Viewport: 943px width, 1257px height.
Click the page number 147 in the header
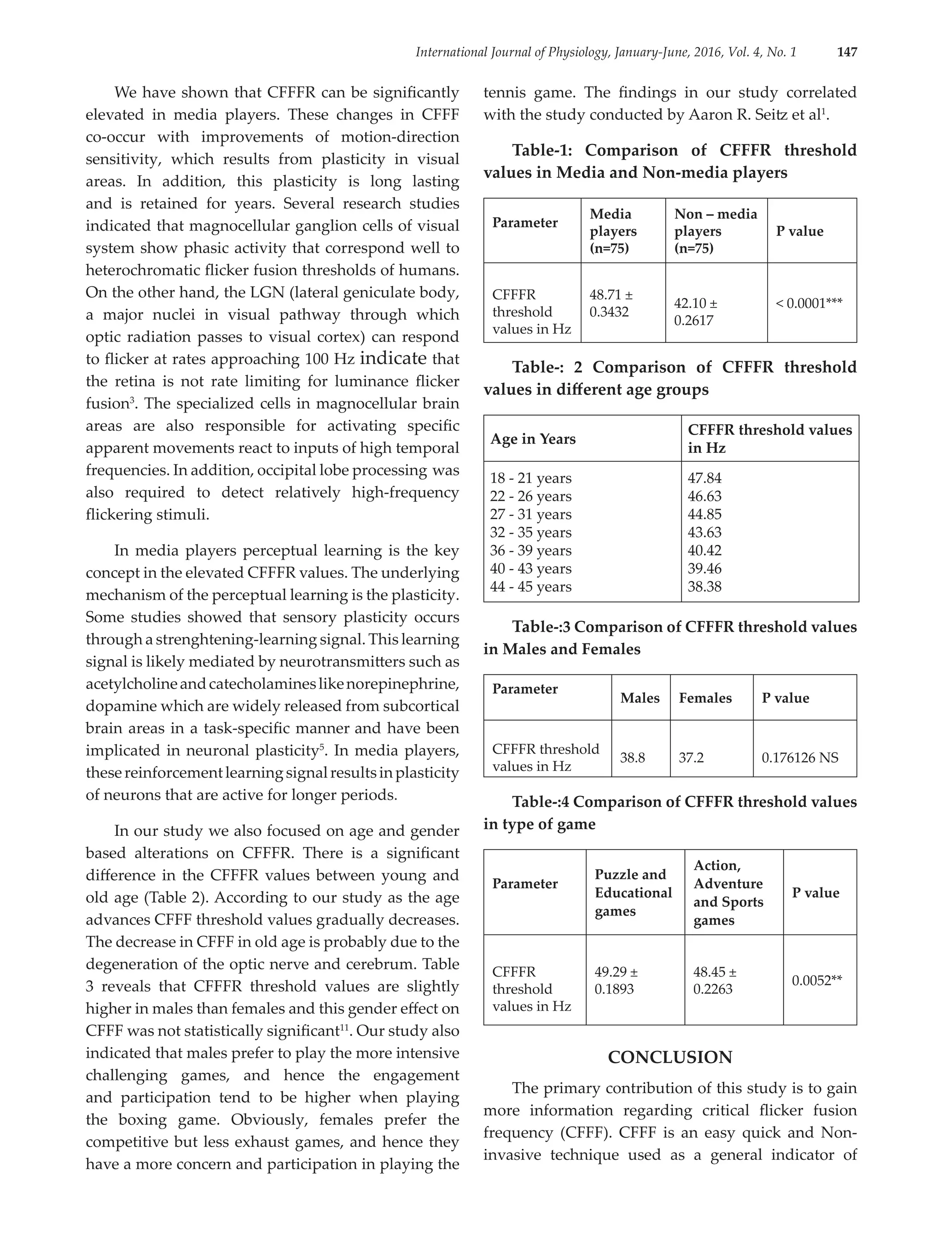pyautogui.click(x=846, y=52)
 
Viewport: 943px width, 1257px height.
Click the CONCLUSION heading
pyautogui.click(x=669, y=1057)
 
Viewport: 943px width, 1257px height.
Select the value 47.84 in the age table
pyautogui.click(x=704, y=479)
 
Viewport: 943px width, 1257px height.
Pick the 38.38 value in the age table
pyautogui.click(x=704, y=586)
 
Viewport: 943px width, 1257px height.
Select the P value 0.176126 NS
pyautogui.click(x=799, y=758)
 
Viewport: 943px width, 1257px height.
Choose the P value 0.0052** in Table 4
pyautogui.click(x=816, y=980)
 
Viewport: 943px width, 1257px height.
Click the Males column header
pyautogui.click(x=640, y=698)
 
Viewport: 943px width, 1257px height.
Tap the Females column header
pyautogui.click(x=705, y=698)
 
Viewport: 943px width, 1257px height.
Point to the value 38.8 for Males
pyautogui.click(x=632, y=758)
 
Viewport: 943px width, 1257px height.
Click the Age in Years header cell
pyautogui.click(x=533, y=439)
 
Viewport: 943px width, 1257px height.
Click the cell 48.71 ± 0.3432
pyautogui.click(x=611, y=303)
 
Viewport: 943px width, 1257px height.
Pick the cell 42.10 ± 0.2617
pyautogui.click(x=696, y=312)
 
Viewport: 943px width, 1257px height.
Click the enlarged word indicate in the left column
pyautogui.click(x=393, y=359)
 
